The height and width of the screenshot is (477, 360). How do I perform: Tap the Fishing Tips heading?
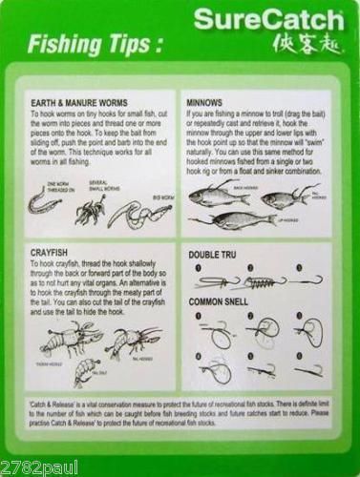[x=94, y=44]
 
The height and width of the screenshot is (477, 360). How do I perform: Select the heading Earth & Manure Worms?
[x=79, y=102]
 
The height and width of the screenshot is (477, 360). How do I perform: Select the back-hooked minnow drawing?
[x=215, y=196]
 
